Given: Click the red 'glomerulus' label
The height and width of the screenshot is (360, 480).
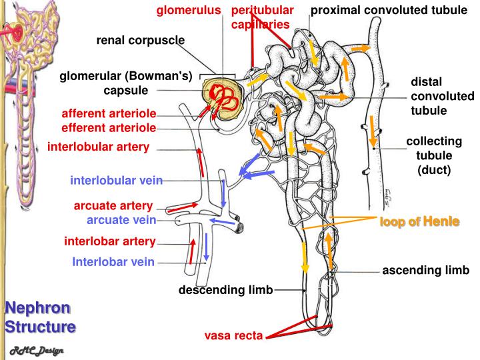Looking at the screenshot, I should pyautogui.click(x=188, y=11).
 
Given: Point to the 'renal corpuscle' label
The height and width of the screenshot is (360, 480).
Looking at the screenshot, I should pyautogui.click(x=141, y=40).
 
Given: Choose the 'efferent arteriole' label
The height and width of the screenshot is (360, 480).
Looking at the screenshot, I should pyautogui.click(x=109, y=127).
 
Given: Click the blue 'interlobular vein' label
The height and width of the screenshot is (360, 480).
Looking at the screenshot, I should pyautogui.click(x=116, y=180).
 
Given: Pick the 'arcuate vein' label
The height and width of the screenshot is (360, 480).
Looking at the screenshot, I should pyautogui.click(x=121, y=219).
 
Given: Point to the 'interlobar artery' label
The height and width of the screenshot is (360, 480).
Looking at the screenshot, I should pyautogui.click(x=110, y=241).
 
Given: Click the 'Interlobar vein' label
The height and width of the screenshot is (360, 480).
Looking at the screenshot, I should pyautogui.click(x=113, y=261).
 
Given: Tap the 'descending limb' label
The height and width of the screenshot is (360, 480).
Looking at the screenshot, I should pyautogui.click(x=225, y=290).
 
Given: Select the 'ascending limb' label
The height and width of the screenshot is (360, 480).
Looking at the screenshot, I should pyautogui.click(x=426, y=271).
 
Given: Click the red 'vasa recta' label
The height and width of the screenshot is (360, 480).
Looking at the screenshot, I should pyautogui.click(x=233, y=335).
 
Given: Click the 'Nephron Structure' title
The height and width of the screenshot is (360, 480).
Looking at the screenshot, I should pyautogui.click(x=40, y=317).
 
